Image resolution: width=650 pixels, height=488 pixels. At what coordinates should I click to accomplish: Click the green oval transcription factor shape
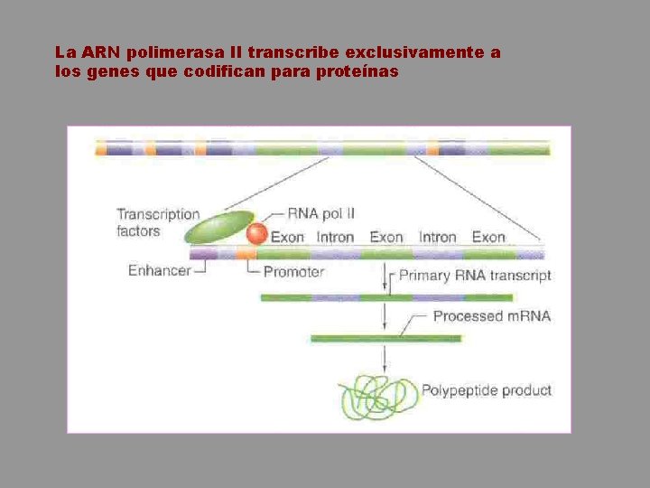point(219,227)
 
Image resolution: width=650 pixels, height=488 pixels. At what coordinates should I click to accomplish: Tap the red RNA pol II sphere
point(257,234)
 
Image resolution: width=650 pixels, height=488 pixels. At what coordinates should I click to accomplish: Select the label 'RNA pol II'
point(320,214)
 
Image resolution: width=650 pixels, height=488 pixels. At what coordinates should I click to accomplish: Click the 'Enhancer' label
point(159,270)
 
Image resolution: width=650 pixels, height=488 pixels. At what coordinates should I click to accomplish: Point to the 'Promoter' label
point(293,271)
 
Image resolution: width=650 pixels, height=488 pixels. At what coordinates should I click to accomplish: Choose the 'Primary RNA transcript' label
point(475,276)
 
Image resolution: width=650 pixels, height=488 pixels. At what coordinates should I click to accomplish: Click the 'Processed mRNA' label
point(491,316)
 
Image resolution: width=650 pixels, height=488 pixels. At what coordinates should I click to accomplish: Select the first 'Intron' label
point(335,237)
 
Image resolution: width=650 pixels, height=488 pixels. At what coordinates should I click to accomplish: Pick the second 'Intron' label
point(438,237)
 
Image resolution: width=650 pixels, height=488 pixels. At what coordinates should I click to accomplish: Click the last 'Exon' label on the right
point(488,237)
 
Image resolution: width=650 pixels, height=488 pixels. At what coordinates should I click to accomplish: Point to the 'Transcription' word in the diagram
point(158,214)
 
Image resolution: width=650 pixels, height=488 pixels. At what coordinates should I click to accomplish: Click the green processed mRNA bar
point(385,339)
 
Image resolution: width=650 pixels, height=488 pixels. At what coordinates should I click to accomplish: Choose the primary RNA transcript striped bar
point(386,297)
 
